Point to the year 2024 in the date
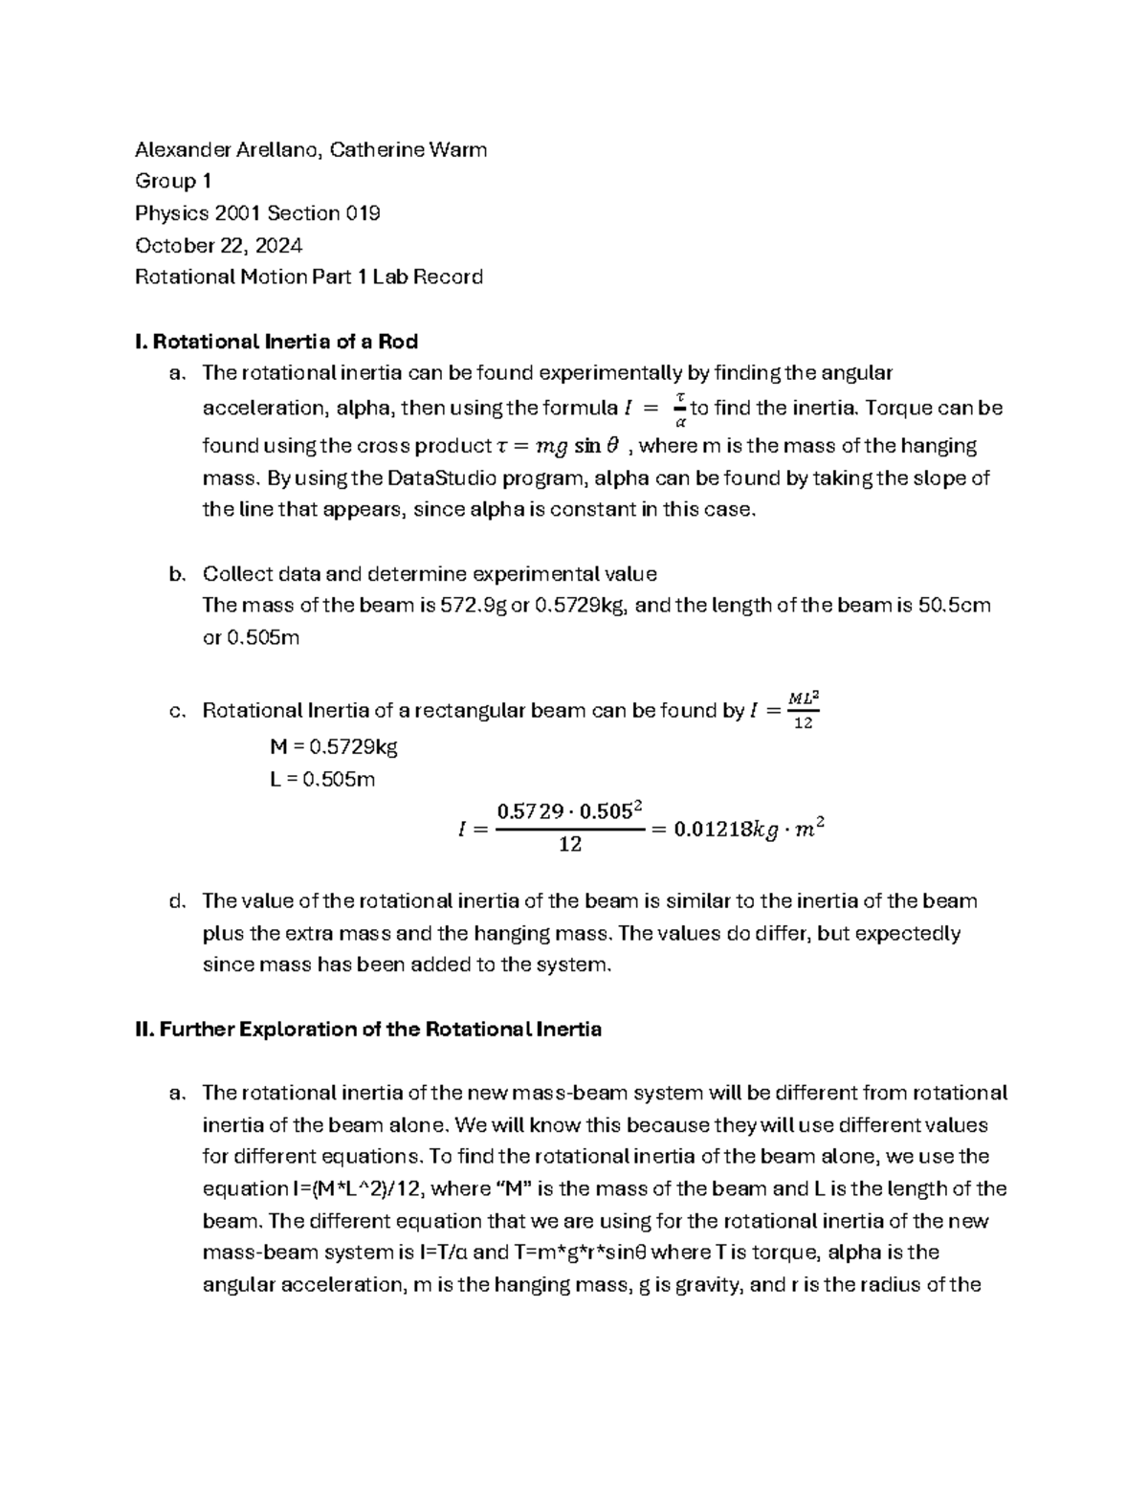[279, 245]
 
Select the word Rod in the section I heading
[398, 341]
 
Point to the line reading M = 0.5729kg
[333, 746]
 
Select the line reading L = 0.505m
[322, 779]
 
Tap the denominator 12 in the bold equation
[570, 846]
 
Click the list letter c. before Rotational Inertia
[175, 711]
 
